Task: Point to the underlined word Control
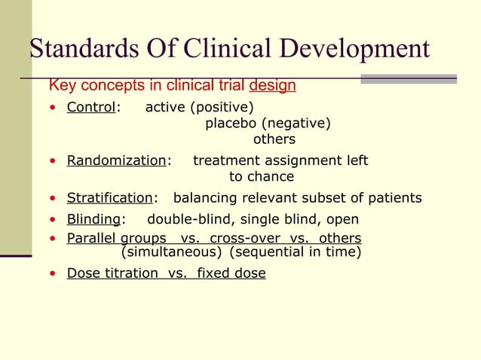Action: [90, 107]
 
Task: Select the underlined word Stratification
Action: [109, 198]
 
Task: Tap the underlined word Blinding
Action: [93, 219]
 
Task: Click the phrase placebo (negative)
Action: [268, 124]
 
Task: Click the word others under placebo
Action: [274, 139]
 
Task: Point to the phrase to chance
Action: [261, 177]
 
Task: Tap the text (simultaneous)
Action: [171, 252]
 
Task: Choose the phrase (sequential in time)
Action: [295, 252]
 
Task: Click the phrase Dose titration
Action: [113, 273]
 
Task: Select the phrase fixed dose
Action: [231, 273]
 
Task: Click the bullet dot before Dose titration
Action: [51, 273]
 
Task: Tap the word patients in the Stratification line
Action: [395, 198]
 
